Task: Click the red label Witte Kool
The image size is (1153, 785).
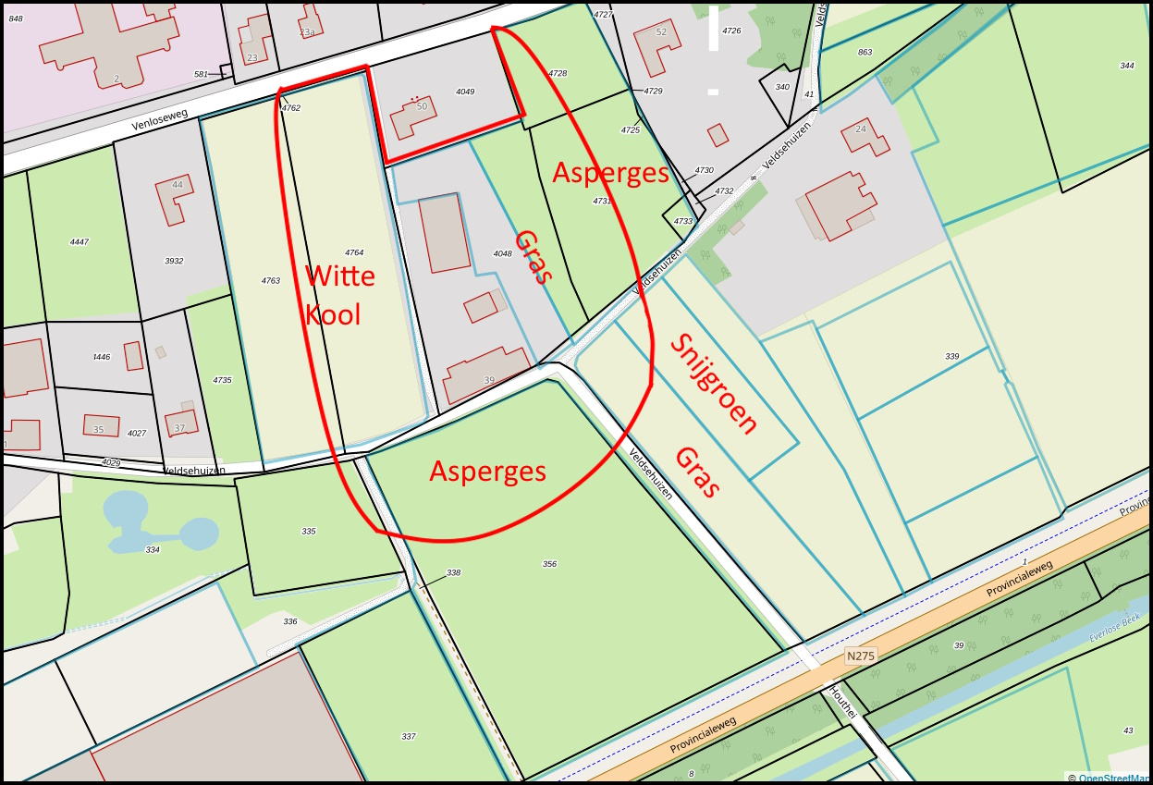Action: tap(339, 295)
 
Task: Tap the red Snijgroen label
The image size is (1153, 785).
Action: tap(714, 384)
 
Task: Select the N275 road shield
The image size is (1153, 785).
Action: tap(860, 656)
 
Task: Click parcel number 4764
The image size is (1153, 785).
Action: tap(354, 252)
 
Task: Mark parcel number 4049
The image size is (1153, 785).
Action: tap(465, 92)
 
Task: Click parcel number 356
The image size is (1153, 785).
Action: tap(549, 563)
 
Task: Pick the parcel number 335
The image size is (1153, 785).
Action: tap(309, 532)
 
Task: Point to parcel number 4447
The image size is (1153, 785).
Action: tap(79, 241)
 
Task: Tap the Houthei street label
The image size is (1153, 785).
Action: tap(842, 703)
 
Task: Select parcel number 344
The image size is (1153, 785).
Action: tap(1126, 66)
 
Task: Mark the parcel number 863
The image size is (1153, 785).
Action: tap(865, 52)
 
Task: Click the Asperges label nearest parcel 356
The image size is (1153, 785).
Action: tap(487, 472)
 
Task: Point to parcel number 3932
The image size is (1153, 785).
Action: tap(174, 261)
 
